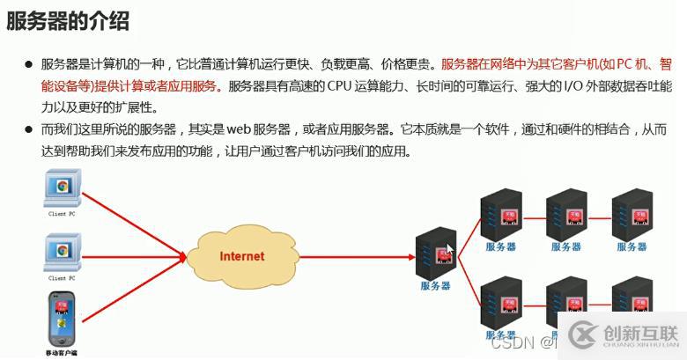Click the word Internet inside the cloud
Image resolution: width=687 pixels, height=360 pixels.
(x=241, y=256)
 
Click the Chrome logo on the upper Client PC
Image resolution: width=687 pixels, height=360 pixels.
(x=63, y=186)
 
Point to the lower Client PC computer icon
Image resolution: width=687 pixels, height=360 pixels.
(x=63, y=253)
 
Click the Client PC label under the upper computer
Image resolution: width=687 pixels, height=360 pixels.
(x=62, y=213)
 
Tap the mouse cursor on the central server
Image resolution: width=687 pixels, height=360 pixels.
(x=450, y=250)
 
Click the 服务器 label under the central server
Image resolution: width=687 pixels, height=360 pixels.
(x=435, y=285)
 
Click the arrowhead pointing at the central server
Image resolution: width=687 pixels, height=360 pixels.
(x=410, y=256)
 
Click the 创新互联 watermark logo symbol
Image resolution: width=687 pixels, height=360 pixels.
(x=583, y=334)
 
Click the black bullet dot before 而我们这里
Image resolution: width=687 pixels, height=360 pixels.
(x=29, y=129)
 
